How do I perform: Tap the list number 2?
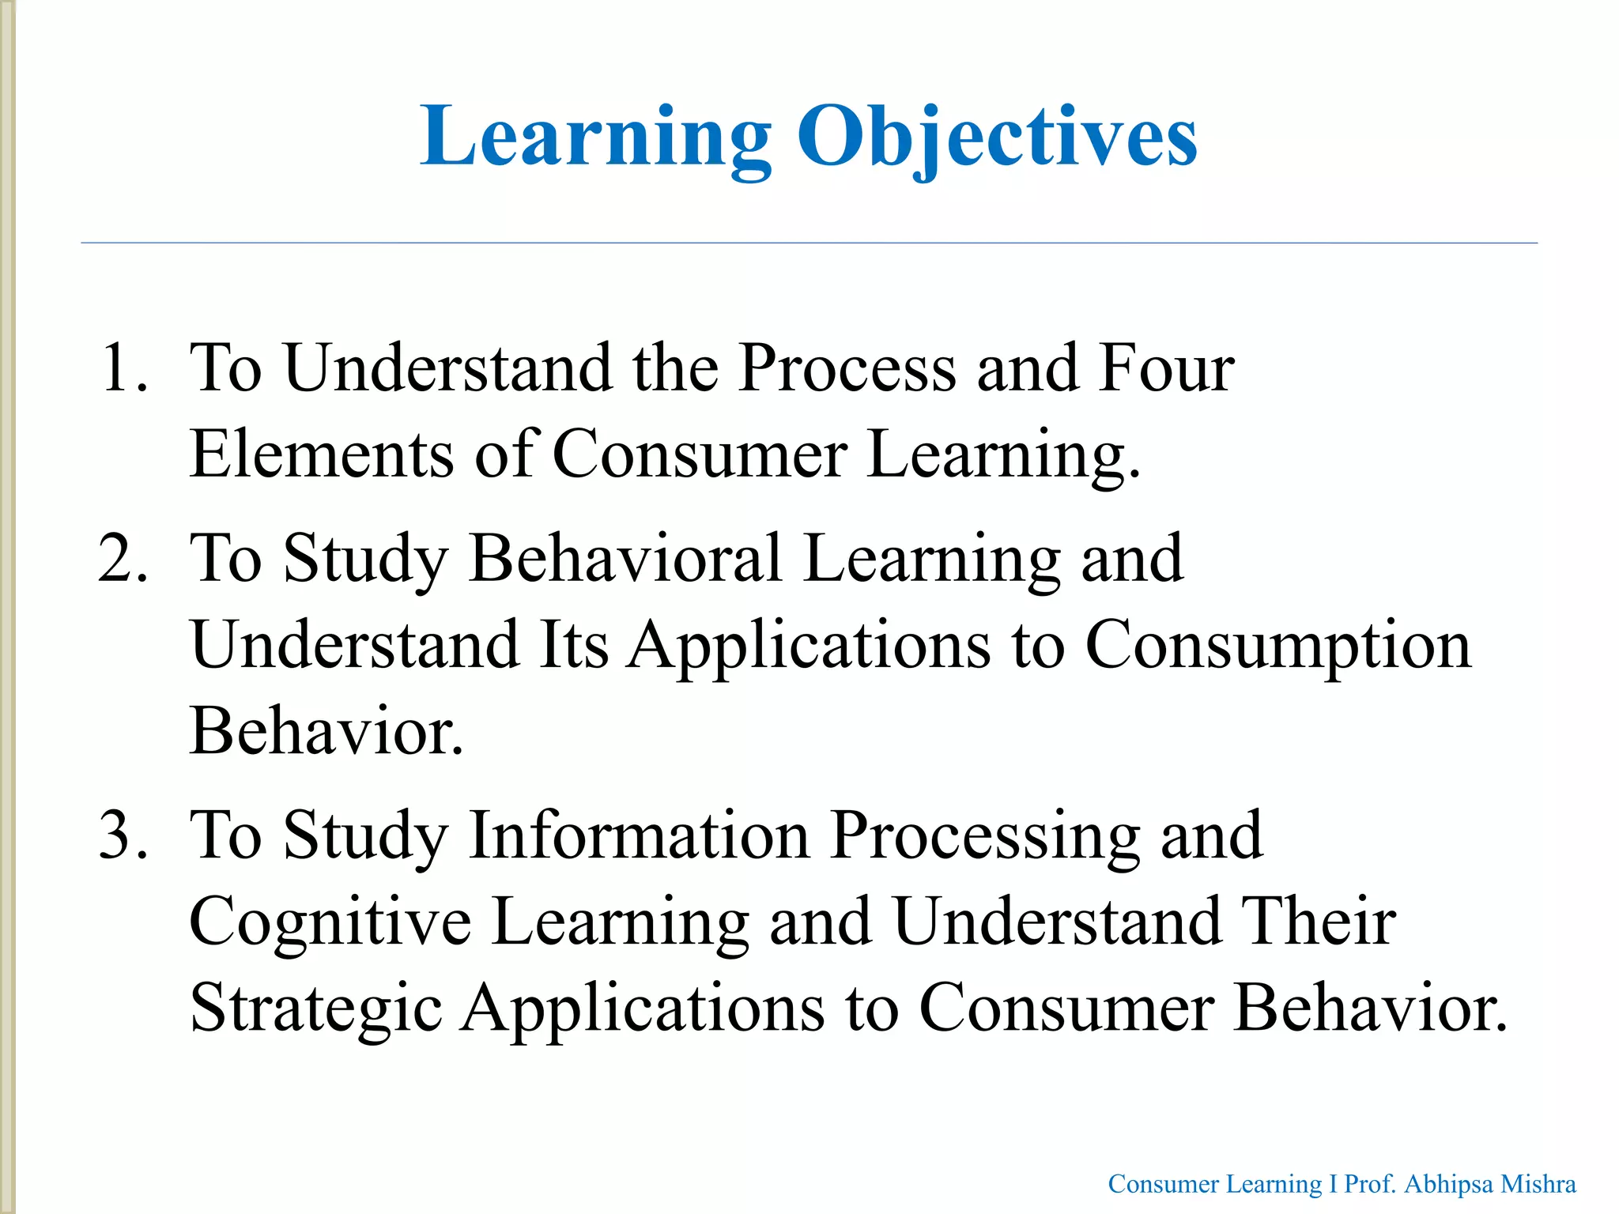point(123,559)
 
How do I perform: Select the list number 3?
point(123,835)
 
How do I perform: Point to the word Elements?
point(321,454)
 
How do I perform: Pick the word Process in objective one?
point(846,368)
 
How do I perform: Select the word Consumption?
point(1277,645)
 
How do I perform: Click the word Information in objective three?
point(638,835)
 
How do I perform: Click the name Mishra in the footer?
point(1538,1184)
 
